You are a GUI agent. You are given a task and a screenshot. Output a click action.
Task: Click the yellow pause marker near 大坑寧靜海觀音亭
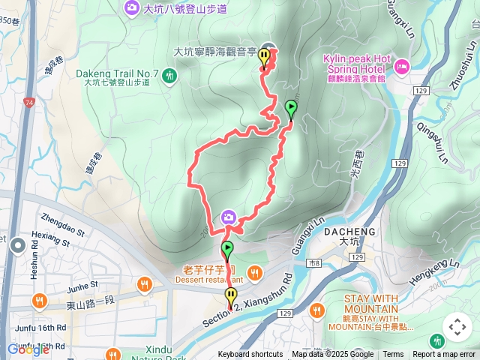264,56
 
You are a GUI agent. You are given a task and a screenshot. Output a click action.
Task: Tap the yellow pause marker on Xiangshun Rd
231,297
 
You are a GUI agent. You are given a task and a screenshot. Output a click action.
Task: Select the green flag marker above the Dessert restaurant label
227,249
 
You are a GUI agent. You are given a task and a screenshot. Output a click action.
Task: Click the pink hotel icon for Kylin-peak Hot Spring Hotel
401,67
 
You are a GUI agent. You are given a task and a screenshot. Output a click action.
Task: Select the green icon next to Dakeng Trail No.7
170,74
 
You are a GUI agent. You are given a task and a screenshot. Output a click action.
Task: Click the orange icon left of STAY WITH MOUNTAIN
318,309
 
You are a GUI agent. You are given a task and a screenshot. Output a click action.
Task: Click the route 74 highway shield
28,101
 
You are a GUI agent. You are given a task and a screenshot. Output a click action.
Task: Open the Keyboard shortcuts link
250,355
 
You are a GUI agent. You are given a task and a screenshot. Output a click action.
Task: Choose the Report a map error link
443,355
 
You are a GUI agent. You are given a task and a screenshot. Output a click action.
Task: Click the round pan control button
457,327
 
